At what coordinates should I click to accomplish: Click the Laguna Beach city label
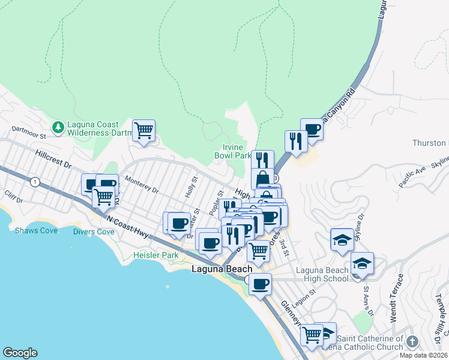click(x=221, y=269)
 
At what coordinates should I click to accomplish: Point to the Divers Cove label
click(x=94, y=232)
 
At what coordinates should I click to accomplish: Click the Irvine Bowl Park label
click(x=233, y=151)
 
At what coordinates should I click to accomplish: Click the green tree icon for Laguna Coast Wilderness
click(x=58, y=127)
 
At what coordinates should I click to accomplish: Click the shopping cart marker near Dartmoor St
click(x=144, y=130)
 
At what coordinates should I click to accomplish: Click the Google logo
click(x=20, y=353)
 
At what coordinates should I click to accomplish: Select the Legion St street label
click(x=305, y=298)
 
